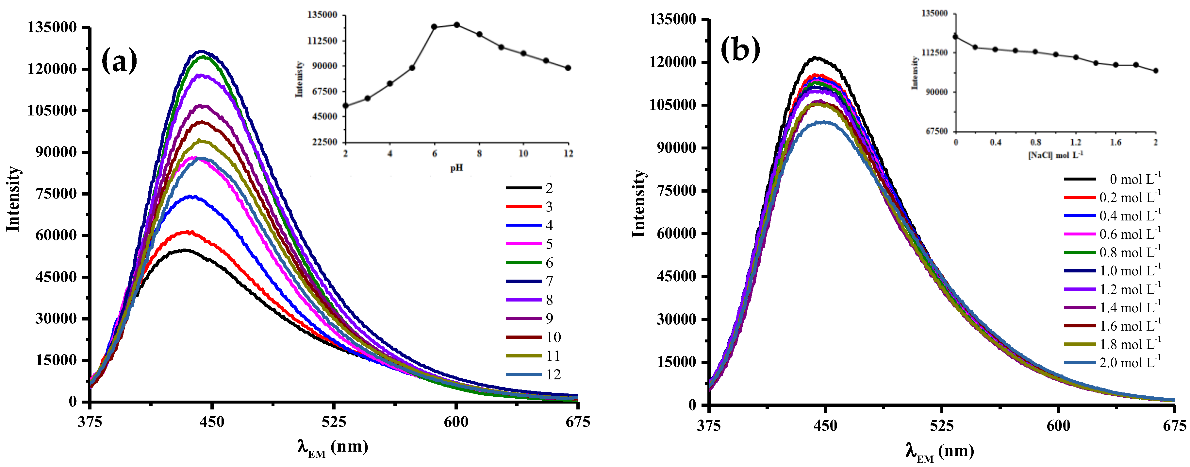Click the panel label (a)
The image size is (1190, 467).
tap(119, 61)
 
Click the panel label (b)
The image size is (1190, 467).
tap(740, 49)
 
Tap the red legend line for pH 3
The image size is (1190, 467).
tap(523, 207)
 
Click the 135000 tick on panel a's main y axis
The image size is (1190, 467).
tap(52, 27)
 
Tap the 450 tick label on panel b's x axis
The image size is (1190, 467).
tap(825, 425)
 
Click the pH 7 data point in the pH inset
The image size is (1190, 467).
tap(456, 25)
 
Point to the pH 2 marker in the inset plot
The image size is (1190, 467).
tap(346, 105)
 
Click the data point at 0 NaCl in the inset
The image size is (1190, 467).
tap(955, 37)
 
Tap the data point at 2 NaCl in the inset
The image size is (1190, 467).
tap(1155, 71)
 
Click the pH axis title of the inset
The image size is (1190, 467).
tap(456, 168)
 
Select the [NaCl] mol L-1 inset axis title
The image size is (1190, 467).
tap(1055, 155)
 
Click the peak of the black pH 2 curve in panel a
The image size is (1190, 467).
tap(185, 250)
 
